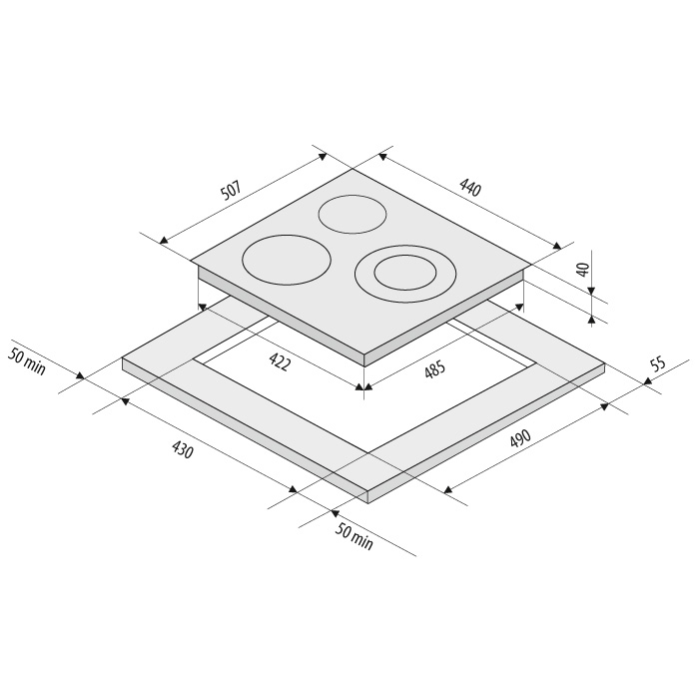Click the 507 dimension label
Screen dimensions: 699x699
(x=231, y=191)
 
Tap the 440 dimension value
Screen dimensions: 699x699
(x=470, y=188)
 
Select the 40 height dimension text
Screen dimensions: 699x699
(x=583, y=270)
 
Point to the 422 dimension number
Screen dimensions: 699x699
(x=280, y=361)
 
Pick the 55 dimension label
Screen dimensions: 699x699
(x=658, y=363)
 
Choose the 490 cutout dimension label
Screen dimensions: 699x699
(x=520, y=438)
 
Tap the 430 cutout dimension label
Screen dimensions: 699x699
(x=183, y=449)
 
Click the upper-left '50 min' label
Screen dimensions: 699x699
(x=27, y=361)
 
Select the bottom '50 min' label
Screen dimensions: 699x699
(x=353, y=537)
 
